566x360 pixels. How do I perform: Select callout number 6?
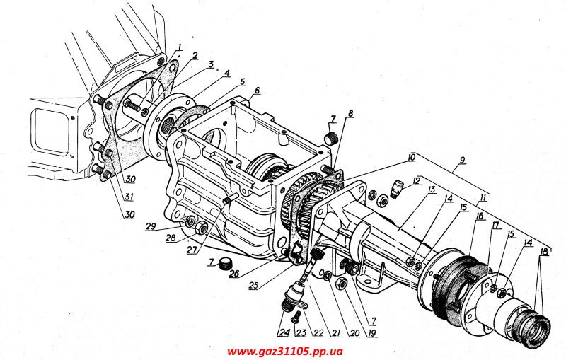click(x=258, y=90)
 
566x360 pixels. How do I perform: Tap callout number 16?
click(x=479, y=216)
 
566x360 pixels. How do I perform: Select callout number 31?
click(x=127, y=195)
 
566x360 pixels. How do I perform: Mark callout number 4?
click(x=226, y=72)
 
